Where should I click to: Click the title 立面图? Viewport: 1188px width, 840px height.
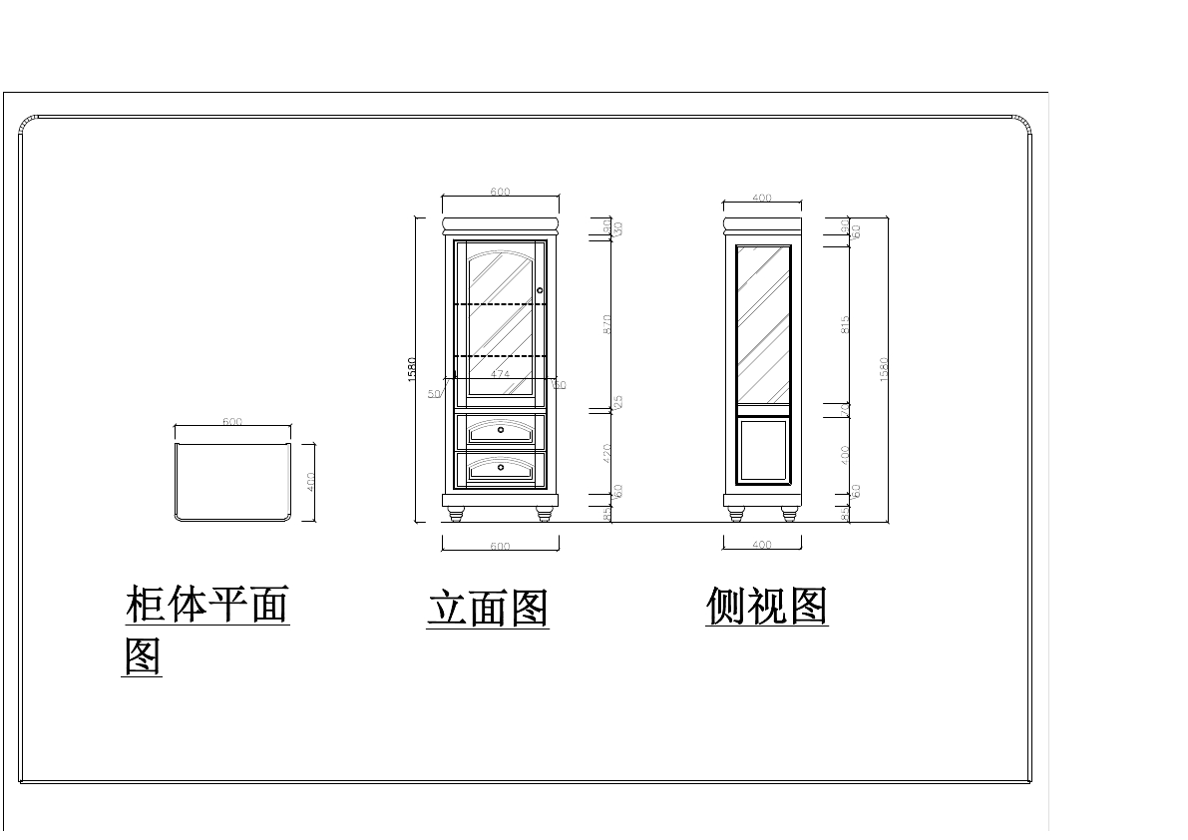(x=488, y=608)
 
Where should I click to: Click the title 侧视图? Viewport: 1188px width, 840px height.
(x=767, y=605)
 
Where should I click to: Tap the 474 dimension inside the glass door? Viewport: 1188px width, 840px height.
(x=501, y=374)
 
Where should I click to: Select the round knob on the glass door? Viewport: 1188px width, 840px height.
(x=540, y=290)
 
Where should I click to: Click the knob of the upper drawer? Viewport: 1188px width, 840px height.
(x=501, y=430)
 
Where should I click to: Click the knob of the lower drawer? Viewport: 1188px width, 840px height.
(x=501, y=465)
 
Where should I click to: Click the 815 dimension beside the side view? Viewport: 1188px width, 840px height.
(x=845, y=324)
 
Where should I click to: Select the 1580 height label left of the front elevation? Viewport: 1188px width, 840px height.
(x=412, y=369)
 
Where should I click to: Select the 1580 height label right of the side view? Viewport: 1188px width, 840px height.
(x=884, y=369)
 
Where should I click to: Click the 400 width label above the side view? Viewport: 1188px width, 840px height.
(x=762, y=199)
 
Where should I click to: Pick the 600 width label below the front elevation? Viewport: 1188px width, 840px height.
(x=500, y=547)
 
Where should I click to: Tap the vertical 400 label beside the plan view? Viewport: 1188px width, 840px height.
(x=311, y=481)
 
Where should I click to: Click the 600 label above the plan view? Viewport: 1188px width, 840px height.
(x=232, y=422)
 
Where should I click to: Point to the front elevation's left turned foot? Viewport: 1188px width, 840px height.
(x=457, y=514)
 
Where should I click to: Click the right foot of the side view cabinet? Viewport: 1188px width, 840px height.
(x=790, y=514)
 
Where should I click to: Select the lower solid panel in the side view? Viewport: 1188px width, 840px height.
(x=763, y=451)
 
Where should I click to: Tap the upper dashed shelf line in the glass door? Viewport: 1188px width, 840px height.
(x=501, y=303)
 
